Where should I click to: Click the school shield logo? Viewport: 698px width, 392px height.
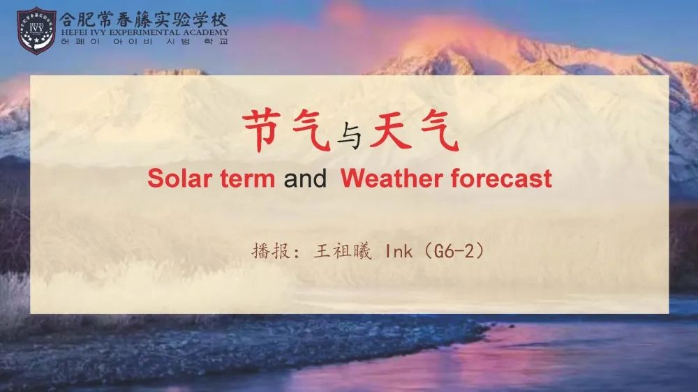click(36, 30)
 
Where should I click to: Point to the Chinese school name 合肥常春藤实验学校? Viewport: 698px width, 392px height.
click(144, 20)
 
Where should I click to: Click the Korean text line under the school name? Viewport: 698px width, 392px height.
click(144, 41)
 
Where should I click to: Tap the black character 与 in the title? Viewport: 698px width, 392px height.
click(349, 136)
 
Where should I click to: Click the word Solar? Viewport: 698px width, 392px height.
click(179, 179)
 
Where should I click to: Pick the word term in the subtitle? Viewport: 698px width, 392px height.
click(248, 179)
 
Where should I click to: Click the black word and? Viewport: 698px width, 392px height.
click(305, 179)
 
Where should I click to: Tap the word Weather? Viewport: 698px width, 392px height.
click(392, 179)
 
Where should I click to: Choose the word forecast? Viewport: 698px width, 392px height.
click(501, 179)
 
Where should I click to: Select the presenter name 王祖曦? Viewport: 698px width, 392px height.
click(342, 251)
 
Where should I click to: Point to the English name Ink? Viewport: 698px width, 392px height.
click(399, 252)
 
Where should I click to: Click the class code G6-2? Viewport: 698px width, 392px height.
click(454, 251)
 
